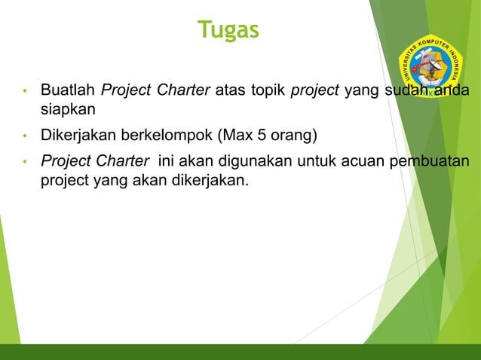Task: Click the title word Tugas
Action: point(228,29)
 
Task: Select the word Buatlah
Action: point(68,92)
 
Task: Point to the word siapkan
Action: point(68,109)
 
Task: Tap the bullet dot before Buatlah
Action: point(25,93)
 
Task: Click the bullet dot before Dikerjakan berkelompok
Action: point(25,137)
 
